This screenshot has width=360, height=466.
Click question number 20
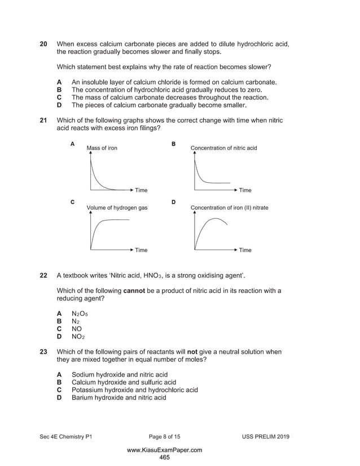(43, 44)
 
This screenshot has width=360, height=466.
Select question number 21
(43, 120)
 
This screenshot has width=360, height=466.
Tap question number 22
(43, 276)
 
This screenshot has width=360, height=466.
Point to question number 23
(43, 352)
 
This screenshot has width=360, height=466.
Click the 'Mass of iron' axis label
(102, 148)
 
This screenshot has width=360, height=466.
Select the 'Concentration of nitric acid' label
(223, 148)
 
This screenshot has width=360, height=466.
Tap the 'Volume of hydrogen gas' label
(117, 208)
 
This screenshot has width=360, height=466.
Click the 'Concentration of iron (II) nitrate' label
(229, 208)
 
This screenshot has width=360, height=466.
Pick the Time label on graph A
(141, 190)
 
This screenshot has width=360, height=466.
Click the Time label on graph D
(245, 250)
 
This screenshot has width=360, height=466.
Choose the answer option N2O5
(80, 313)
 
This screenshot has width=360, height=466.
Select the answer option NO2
(78, 336)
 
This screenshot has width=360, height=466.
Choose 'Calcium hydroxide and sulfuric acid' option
(124, 382)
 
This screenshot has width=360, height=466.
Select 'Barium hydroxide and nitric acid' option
(118, 397)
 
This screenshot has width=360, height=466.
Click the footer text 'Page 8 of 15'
(164, 437)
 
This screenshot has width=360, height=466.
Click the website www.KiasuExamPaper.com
(164, 450)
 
